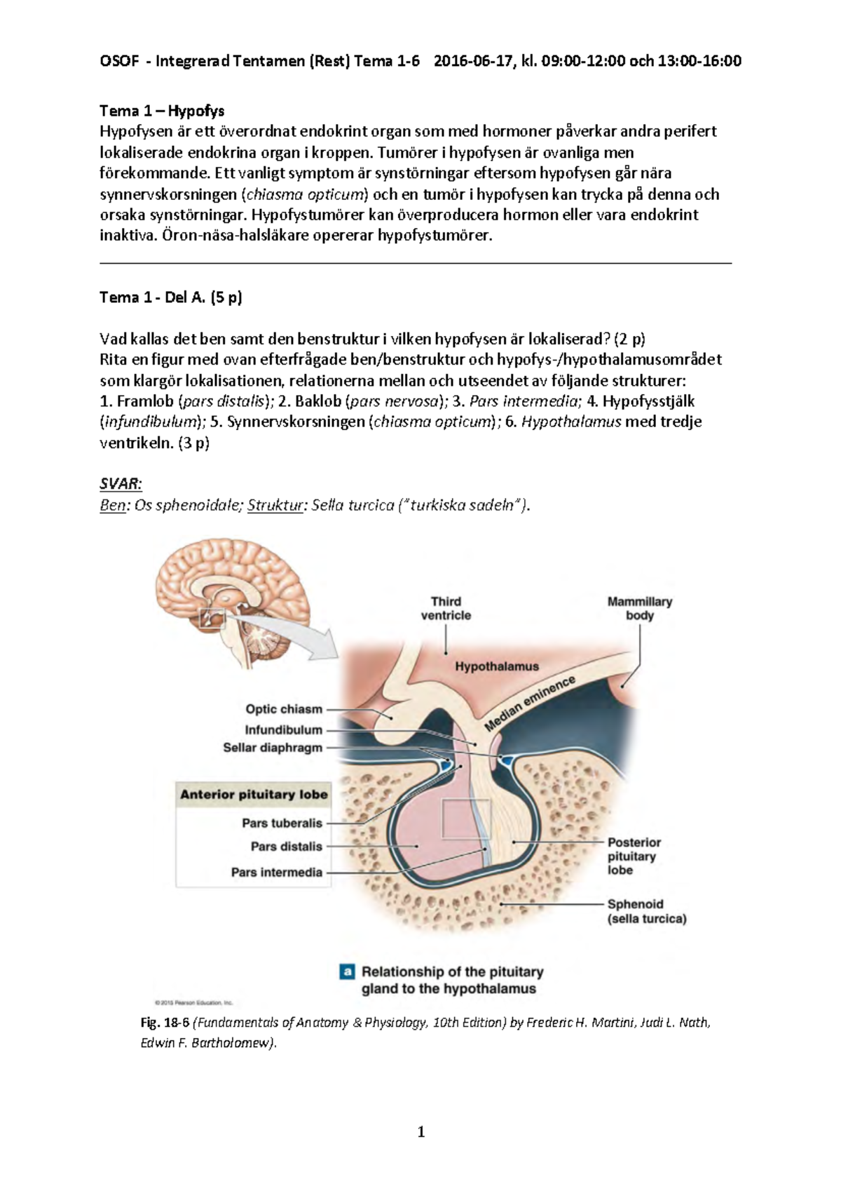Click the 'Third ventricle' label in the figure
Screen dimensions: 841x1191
point(446,608)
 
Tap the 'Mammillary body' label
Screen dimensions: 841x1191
point(639,608)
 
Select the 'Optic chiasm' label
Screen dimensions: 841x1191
point(284,709)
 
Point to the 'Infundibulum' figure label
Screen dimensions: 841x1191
point(283,730)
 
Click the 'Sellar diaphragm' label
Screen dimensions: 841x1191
point(273,748)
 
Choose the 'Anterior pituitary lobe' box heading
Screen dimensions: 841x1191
point(254,795)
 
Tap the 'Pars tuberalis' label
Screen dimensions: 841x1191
point(282,823)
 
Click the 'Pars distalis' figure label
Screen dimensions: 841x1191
point(286,847)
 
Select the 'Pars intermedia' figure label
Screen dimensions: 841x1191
point(277,873)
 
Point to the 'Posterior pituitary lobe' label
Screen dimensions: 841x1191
point(634,856)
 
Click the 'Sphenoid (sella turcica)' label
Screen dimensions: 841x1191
point(646,911)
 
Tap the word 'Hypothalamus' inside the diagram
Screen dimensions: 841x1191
point(497,666)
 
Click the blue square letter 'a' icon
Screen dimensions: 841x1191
point(346,972)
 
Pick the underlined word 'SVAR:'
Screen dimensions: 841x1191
point(121,484)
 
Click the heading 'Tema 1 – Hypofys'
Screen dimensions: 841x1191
point(162,111)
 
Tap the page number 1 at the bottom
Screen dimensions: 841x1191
point(420,1131)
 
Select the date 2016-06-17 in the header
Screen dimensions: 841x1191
point(473,61)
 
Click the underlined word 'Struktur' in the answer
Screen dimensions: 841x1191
point(275,505)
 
